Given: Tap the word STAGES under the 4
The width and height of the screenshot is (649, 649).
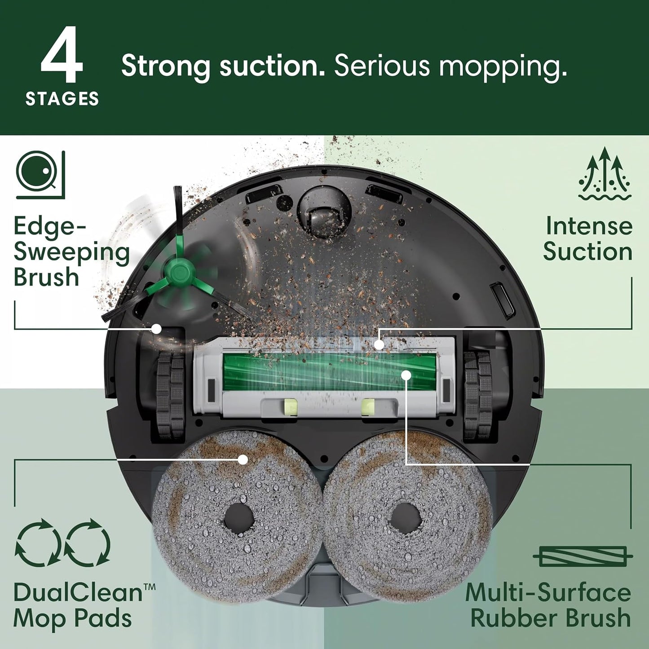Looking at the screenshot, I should [x=62, y=99].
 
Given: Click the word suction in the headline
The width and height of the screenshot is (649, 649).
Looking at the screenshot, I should [x=273, y=66].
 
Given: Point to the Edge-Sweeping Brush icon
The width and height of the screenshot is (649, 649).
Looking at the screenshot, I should [x=40, y=175].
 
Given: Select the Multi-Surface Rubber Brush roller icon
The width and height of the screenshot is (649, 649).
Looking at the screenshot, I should [x=583, y=556].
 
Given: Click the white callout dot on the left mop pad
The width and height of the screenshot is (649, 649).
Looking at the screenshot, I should [x=243, y=459].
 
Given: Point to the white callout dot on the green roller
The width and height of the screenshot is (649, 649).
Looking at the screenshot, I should [x=406, y=374].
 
